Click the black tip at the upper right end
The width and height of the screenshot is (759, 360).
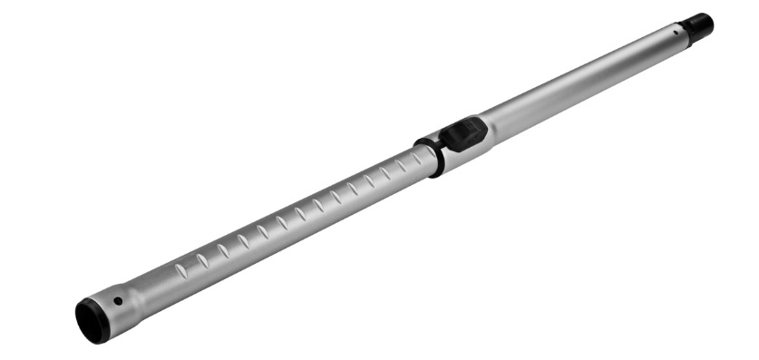point(699,25)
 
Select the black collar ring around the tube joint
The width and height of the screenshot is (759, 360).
point(428,157)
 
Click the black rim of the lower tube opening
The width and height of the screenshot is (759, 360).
point(90,320)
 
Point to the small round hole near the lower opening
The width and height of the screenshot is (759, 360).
point(118,301)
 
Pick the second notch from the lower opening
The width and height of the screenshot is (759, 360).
point(201,259)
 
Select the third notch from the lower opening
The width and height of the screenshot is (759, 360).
point(222,249)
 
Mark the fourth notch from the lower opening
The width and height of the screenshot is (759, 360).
point(242,240)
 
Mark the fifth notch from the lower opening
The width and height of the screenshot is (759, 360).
point(261,231)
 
